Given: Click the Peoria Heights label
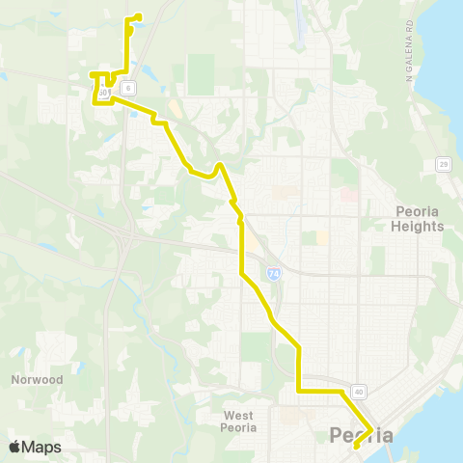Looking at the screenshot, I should (419, 219).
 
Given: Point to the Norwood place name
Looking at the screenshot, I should (38, 379).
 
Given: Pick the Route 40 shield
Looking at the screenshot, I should (359, 391).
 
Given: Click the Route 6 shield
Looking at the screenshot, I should (126, 86).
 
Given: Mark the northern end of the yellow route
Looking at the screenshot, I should (141, 14).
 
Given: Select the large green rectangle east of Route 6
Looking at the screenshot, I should (202, 73).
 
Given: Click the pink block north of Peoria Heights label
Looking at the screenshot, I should (349, 194).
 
